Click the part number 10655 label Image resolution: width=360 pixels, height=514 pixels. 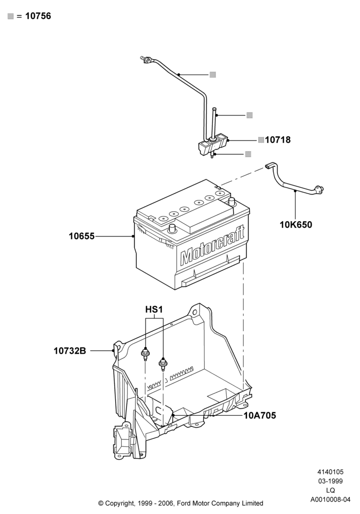point(81,236)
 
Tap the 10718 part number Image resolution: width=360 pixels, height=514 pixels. point(278,140)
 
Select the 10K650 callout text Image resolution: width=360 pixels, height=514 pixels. point(296,225)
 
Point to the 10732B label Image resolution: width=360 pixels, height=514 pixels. point(70,351)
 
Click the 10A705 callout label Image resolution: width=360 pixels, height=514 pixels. point(260,416)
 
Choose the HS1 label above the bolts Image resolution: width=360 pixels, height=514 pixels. point(154,310)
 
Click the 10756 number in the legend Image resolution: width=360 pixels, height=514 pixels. point(38,16)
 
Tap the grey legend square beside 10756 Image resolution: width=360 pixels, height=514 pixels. point(10,16)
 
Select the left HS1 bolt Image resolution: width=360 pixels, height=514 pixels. point(145,355)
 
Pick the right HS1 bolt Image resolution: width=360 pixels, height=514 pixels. point(163,364)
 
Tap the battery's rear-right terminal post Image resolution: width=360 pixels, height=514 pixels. point(232,200)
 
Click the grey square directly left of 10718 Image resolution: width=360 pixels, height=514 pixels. point(261,140)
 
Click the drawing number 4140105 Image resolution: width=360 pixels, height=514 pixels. point(330,472)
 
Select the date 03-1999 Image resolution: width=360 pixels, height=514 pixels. point(330,481)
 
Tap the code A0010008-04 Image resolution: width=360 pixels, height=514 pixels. point(330,500)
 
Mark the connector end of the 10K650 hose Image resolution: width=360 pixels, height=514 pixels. point(319,189)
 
